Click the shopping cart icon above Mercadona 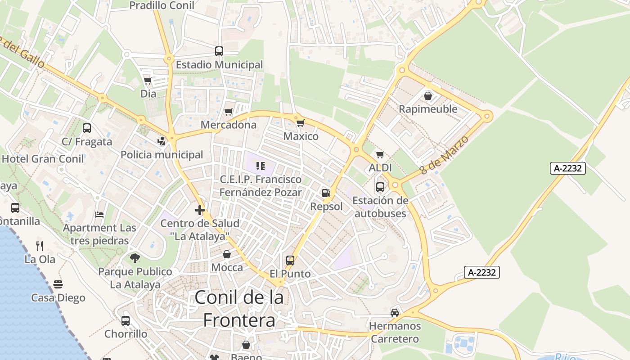229,112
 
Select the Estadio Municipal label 219,65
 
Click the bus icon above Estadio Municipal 219,51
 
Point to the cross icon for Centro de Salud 200,210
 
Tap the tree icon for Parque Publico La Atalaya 135,258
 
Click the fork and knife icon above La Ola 40,246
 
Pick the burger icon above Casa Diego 58,284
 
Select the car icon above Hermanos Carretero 395,312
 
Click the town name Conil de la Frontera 239,309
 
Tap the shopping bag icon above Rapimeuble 428,96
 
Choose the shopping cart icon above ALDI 380,155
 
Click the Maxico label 301,136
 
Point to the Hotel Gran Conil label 43,159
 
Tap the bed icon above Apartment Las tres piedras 99,214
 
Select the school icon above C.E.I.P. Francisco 261,166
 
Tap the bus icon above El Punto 290,260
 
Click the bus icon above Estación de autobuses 380,187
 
